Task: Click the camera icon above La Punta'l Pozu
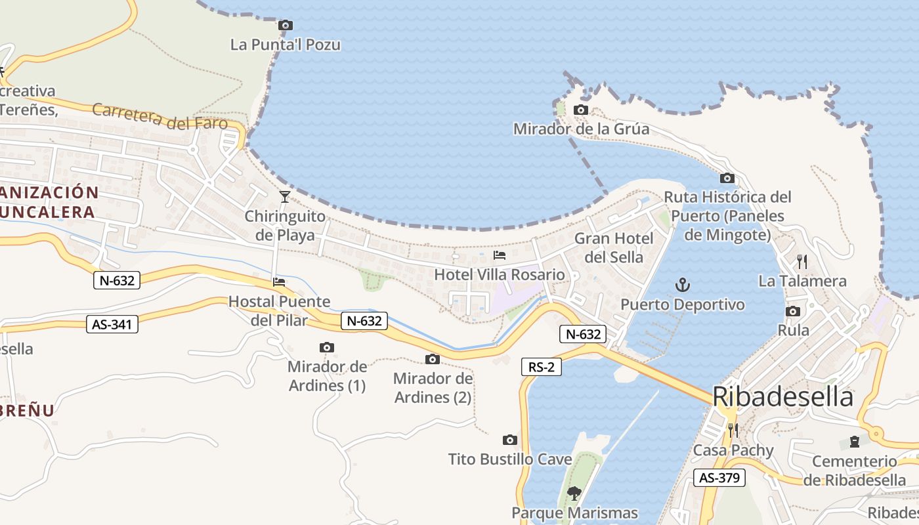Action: coord(286,26)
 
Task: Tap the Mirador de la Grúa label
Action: coord(581,129)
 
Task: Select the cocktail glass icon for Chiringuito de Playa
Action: coord(285,196)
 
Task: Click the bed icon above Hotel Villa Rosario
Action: coord(500,255)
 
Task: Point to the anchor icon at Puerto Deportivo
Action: coord(683,285)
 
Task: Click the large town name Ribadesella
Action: coord(782,397)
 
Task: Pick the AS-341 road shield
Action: coord(112,324)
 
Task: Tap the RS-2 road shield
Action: coord(542,367)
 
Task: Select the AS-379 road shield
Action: coord(719,478)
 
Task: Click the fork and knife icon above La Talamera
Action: coord(801,262)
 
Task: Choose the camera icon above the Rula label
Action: coord(793,312)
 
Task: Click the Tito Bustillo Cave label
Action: coord(510,459)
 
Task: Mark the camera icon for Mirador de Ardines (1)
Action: coord(327,348)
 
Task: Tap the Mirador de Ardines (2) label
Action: coord(433,388)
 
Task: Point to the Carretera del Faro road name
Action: coord(160,117)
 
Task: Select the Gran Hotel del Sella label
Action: coord(614,247)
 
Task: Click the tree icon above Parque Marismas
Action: coord(574,493)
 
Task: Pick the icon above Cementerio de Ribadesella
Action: coord(854,442)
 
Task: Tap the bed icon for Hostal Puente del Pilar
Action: coord(279,283)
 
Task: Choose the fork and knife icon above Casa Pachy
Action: coord(733,430)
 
